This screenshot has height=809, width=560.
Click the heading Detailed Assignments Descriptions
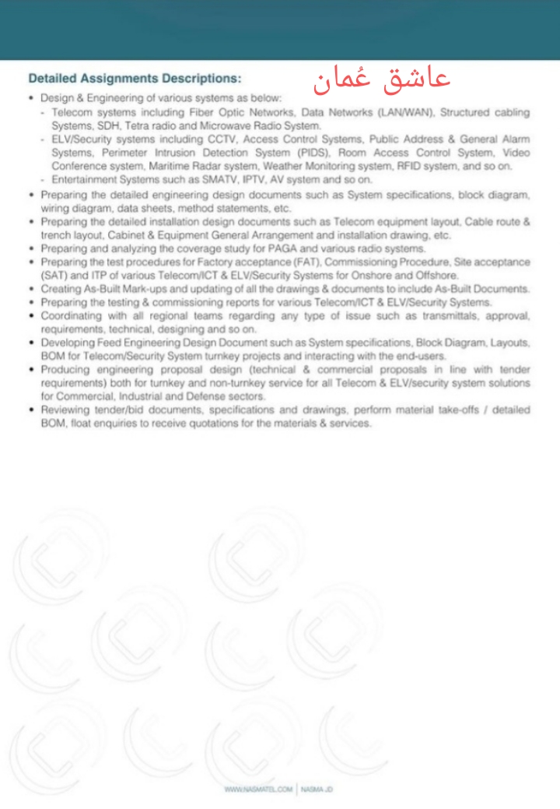(135, 79)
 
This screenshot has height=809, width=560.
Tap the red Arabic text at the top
(382, 79)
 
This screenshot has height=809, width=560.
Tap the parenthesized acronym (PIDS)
(310, 153)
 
